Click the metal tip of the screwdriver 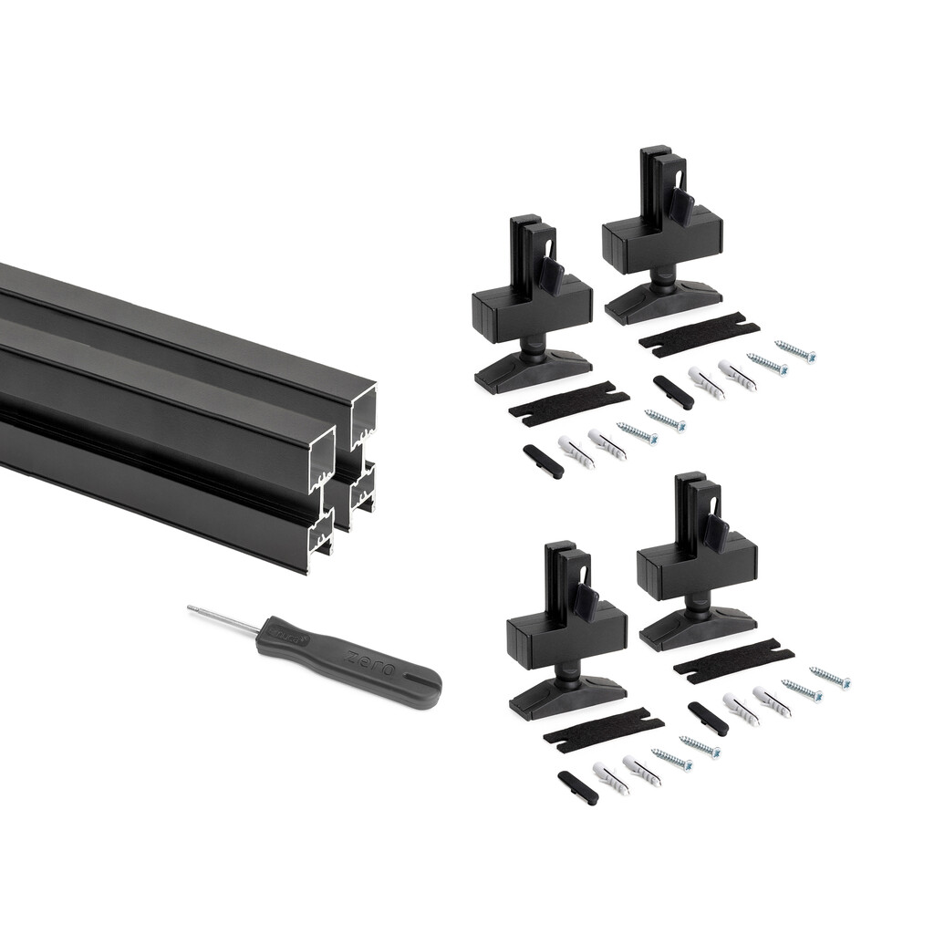[x=192, y=607]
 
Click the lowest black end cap [x=577, y=787]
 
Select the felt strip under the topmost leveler [x=699, y=335]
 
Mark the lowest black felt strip [x=602, y=729]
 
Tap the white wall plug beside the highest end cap [x=707, y=382]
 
